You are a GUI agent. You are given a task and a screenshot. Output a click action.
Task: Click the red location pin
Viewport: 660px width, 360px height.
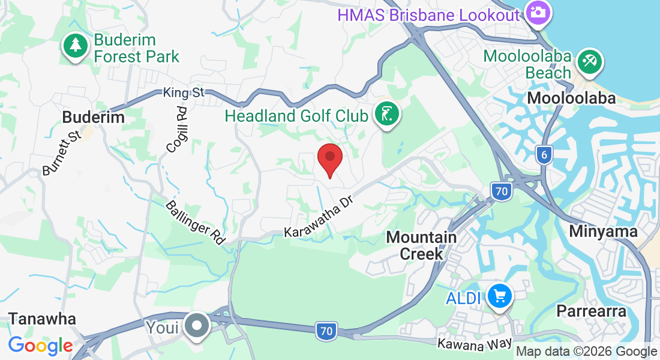pyautogui.click(x=329, y=158)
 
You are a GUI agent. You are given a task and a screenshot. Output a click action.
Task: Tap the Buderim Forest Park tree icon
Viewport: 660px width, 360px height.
pyautogui.click(x=75, y=47)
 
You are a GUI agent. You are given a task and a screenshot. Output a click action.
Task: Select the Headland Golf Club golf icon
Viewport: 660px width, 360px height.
pyautogui.click(x=387, y=114)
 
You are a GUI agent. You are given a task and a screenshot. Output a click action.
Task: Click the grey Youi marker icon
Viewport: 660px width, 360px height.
pyautogui.click(x=196, y=327)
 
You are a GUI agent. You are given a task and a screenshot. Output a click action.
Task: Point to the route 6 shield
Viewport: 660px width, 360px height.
pyautogui.click(x=544, y=154)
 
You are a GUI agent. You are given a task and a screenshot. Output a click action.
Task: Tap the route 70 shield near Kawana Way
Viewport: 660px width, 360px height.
pyautogui.click(x=326, y=331)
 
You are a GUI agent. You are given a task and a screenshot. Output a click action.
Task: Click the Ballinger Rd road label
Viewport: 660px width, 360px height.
pyautogui.click(x=195, y=222)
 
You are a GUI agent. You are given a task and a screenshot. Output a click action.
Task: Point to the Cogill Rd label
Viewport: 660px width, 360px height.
pyautogui.click(x=178, y=130)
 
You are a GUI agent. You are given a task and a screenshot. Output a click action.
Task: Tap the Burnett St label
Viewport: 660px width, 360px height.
pyautogui.click(x=61, y=154)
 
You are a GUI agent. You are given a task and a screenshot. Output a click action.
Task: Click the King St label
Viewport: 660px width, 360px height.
pyautogui.click(x=184, y=92)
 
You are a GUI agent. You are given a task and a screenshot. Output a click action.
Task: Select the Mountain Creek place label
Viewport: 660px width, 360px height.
pyautogui.click(x=421, y=245)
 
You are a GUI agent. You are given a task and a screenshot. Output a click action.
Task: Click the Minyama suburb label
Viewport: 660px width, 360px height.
pyautogui.click(x=603, y=231)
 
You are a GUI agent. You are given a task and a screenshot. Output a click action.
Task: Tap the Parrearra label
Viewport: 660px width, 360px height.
pyautogui.click(x=591, y=311)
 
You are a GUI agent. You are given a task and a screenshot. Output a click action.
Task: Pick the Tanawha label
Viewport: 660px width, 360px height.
pyautogui.click(x=42, y=318)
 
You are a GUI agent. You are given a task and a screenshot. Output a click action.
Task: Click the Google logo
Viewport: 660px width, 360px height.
pyautogui.click(x=40, y=346)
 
